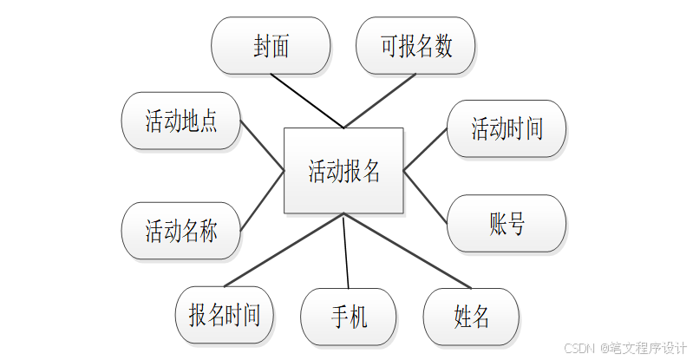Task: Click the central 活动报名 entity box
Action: pos(343,171)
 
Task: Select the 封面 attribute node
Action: pos(271,46)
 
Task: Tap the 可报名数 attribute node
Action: pos(416,46)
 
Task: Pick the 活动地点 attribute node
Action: pos(180,121)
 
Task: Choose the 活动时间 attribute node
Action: pos(507,129)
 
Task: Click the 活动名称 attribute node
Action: pos(180,231)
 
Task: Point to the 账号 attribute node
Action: pos(507,224)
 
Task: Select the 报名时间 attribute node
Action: pos(224,315)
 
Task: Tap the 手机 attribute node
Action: pos(349,317)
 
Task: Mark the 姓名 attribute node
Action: pos(471,317)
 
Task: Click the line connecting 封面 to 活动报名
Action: pos(307,101)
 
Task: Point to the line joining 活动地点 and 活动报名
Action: pos(262,146)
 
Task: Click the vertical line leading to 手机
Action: pos(345,252)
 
